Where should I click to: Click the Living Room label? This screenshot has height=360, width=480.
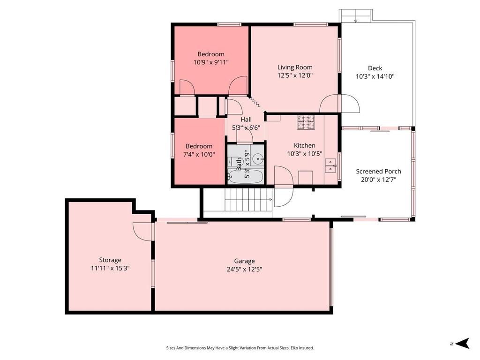pos(294,67)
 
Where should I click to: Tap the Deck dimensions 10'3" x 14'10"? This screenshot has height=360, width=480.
pos(375,76)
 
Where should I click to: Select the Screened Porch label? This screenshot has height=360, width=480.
pos(378,171)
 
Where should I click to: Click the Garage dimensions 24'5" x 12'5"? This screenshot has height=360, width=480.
pos(244,269)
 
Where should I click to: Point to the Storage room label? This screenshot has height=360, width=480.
pos(110,260)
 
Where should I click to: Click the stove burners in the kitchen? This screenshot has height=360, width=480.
pos(305,122)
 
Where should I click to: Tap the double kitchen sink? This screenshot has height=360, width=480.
pos(332,165)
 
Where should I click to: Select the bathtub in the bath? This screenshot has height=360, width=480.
pos(245,177)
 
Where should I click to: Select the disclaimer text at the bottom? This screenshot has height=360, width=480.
pos(240,348)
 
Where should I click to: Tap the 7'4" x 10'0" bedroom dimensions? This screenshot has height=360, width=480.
pos(199,154)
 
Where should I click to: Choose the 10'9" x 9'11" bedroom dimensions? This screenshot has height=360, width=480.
pos(210,62)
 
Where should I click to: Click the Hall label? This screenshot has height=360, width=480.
pos(246,120)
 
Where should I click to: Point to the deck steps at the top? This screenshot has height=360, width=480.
pos(355,16)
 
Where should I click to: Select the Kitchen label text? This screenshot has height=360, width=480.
pos(304,145)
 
